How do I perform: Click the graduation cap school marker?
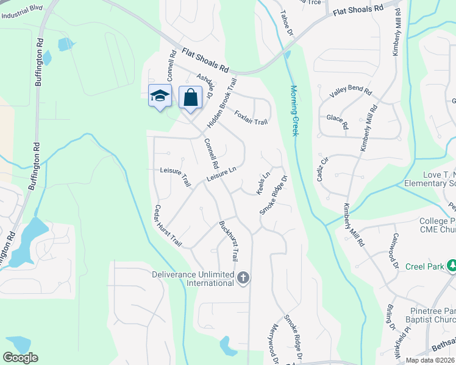coord(160,96)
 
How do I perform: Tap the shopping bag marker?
coord(190,96)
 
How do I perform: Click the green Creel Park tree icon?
coord(452,266)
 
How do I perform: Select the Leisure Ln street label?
coord(221,174)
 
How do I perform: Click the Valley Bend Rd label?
coord(351,92)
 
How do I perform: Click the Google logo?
coord(20,358)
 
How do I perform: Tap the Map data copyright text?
coord(430,360)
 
